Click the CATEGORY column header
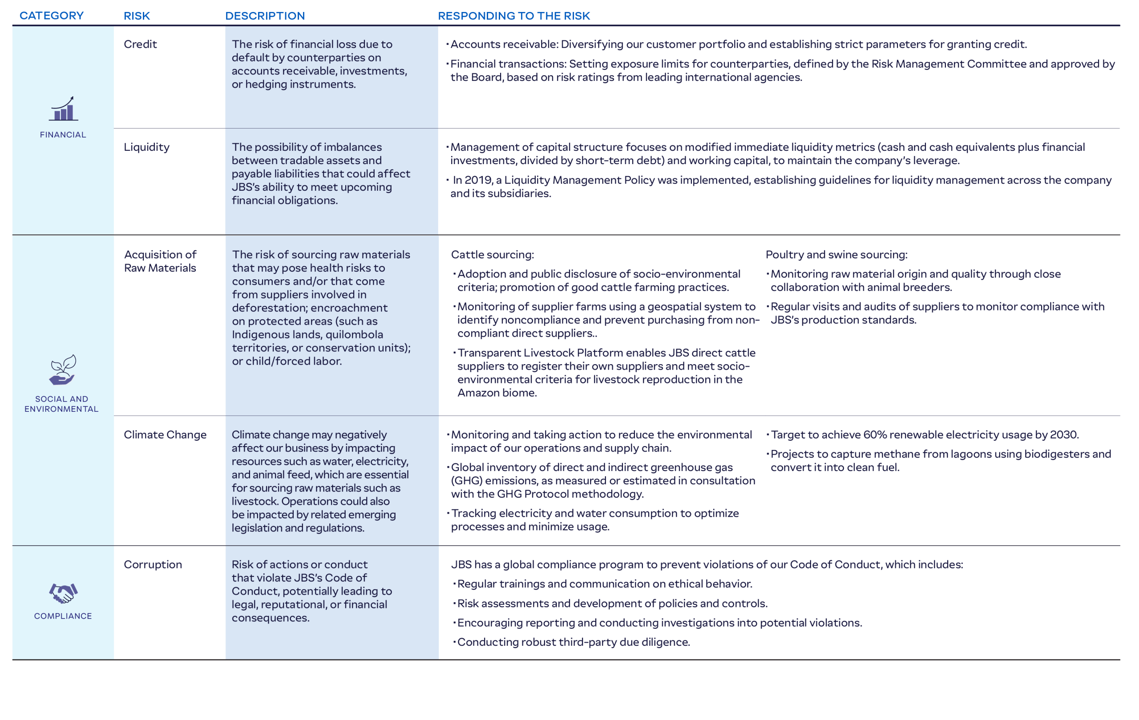point(52,16)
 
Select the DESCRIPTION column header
point(265,16)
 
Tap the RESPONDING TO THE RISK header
point(514,16)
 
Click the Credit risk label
point(140,44)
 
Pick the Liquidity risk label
point(147,147)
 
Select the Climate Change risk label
point(165,434)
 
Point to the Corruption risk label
point(153,564)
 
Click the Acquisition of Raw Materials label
point(160,261)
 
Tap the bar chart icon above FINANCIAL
point(63,109)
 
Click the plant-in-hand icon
point(62,370)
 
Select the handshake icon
point(63,593)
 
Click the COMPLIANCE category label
point(63,616)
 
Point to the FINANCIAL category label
point(63,135)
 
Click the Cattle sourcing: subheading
point(493,254)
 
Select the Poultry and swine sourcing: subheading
point(836,254)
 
